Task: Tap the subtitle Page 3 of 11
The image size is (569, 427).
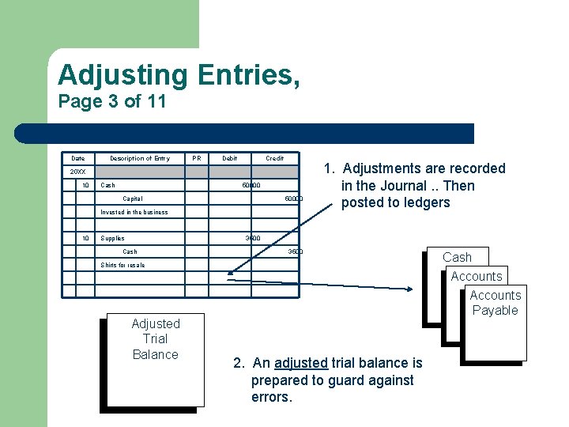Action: point(112,102)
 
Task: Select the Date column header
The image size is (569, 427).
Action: point(77,158)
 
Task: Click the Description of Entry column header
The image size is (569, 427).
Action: point(139,158)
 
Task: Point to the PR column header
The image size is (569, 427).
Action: point(197,158)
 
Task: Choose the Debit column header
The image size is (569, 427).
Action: point(229,158)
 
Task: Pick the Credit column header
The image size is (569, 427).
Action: point(274,158)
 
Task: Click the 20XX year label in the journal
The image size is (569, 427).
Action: point(77,172)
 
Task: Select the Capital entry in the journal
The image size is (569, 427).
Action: point(133,198)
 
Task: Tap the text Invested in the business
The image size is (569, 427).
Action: point(134,212)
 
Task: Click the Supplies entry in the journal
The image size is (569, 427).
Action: point(112,238)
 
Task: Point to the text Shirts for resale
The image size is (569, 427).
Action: point(122,265)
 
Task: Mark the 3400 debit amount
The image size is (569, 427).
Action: point(252,237)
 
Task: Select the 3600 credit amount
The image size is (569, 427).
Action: point(295,251)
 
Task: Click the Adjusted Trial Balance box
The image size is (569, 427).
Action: point(156,339)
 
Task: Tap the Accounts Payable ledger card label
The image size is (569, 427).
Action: point(495,303)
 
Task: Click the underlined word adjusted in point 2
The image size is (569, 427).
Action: point(300,363)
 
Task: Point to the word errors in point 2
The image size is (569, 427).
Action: point(271,397)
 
